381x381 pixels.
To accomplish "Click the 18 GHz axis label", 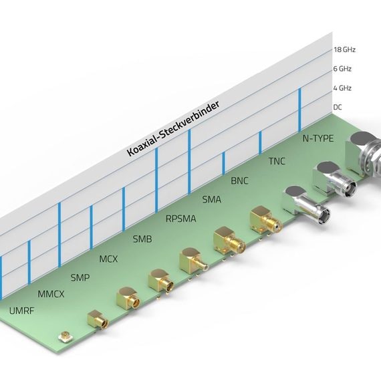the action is [x=344, y=50].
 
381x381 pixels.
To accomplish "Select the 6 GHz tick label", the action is [x=342, y=69].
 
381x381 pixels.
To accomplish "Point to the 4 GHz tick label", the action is [x=342, y=88].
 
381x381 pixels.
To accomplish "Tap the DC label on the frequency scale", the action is [x=338, y=107].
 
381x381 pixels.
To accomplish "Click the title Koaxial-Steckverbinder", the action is [x=174, y=128].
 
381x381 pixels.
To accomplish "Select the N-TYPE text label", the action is [x=318, y=138].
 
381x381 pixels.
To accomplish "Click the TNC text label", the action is [x=277, y=161].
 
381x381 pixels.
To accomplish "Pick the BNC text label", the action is [x=239, y=180].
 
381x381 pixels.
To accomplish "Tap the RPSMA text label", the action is [x=180, y=219].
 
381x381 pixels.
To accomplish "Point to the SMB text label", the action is [x=142, y=239].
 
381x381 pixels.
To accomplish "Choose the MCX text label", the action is [x=108, y=259].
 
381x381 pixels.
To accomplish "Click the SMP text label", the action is [x=80, y=277].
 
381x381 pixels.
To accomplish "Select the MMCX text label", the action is [x=51, y=294].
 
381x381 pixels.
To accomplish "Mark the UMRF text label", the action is [x=21, y=311].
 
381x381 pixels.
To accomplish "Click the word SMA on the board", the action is [x=212, y=199].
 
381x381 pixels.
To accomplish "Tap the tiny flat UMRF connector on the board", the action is [x=65, y=337].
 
